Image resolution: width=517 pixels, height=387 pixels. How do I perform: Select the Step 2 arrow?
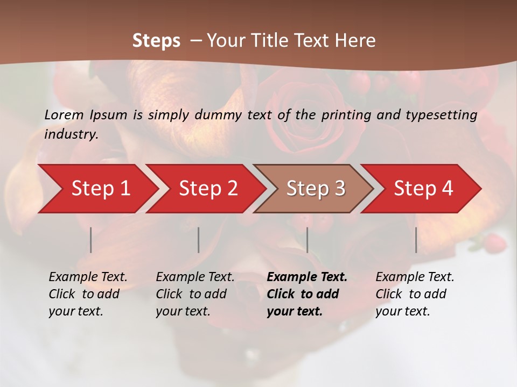[208, 189]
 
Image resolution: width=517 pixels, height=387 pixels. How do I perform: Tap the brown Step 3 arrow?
[316, 189]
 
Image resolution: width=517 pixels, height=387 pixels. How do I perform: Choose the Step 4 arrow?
[423, 189]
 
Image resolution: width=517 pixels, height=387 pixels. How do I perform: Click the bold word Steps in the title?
[156, 40]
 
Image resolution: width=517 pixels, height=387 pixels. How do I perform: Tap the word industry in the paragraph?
[71, 134]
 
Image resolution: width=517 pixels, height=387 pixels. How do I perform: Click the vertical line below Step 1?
[91, 240]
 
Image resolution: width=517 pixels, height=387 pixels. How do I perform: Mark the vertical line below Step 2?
[199, 240]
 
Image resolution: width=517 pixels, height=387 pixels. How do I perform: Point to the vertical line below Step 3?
[307, 240]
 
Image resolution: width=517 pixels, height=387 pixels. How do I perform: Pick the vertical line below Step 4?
[416, 240]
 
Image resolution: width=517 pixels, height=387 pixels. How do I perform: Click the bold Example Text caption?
[307, 277]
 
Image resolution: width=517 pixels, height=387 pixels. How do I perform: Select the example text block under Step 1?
[88, 294]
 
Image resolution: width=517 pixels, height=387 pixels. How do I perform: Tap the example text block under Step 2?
[195, 294]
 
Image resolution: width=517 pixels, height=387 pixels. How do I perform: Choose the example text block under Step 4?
[415, 294]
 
